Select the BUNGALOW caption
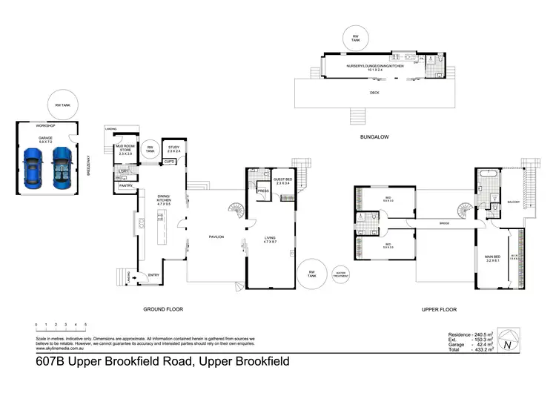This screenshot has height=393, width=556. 374,136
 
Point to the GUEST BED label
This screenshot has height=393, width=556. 283,179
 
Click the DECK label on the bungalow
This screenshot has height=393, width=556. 374,93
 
